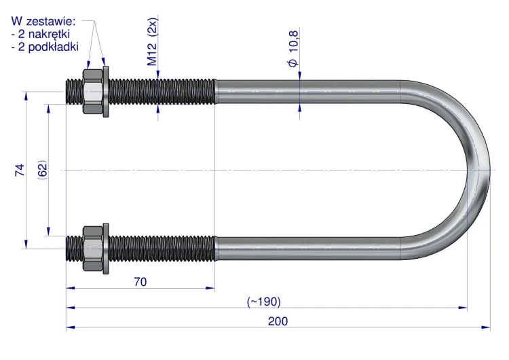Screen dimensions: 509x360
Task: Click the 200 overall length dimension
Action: tap(278, 321)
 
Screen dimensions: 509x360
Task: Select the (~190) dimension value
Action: tap(263, 302)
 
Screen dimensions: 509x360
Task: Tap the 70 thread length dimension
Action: tap(140, 282)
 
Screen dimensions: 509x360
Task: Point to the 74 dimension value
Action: tap(20, 170)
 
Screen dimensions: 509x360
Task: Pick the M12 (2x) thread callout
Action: tap(152, 41)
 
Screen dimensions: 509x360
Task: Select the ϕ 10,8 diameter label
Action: tap(293, 48)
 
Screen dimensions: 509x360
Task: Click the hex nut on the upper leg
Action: tap(93, 91)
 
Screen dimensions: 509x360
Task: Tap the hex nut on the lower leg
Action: tap(93, 249)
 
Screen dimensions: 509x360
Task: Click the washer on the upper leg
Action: tap(106, 91)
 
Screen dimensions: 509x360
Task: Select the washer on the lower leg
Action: tap(106, 249)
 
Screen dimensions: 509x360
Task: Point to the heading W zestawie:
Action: tap(43, 22)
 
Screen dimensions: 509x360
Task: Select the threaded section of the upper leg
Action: tap(140, 91)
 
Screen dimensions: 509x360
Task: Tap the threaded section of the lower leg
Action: tap(140, 249)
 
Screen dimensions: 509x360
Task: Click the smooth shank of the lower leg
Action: tap(307, 249)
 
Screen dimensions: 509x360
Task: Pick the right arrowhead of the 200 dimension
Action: tap(486, 327)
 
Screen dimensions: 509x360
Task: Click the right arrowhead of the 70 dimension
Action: tap(210, 288)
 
